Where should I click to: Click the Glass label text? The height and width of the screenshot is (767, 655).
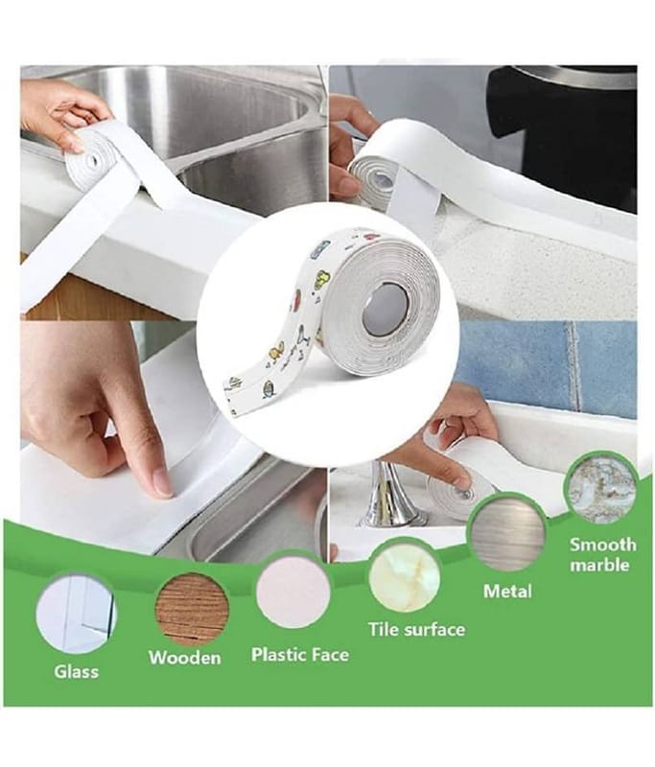click(76, 671)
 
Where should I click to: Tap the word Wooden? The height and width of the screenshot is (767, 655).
click(184, 658)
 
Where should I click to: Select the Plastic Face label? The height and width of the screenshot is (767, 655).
click(300, 655)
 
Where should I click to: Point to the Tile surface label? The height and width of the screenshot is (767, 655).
click(416, 629)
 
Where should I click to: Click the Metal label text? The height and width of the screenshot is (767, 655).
click(507, 592)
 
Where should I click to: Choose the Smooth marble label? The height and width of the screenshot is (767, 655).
click(602, 555)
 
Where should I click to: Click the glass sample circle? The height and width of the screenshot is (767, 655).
click(78, 614)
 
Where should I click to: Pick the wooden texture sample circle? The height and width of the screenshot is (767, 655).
click(192, 607)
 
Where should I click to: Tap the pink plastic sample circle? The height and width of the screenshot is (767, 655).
click(293, 595)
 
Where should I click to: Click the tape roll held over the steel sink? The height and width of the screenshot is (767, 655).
click(98, 151)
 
